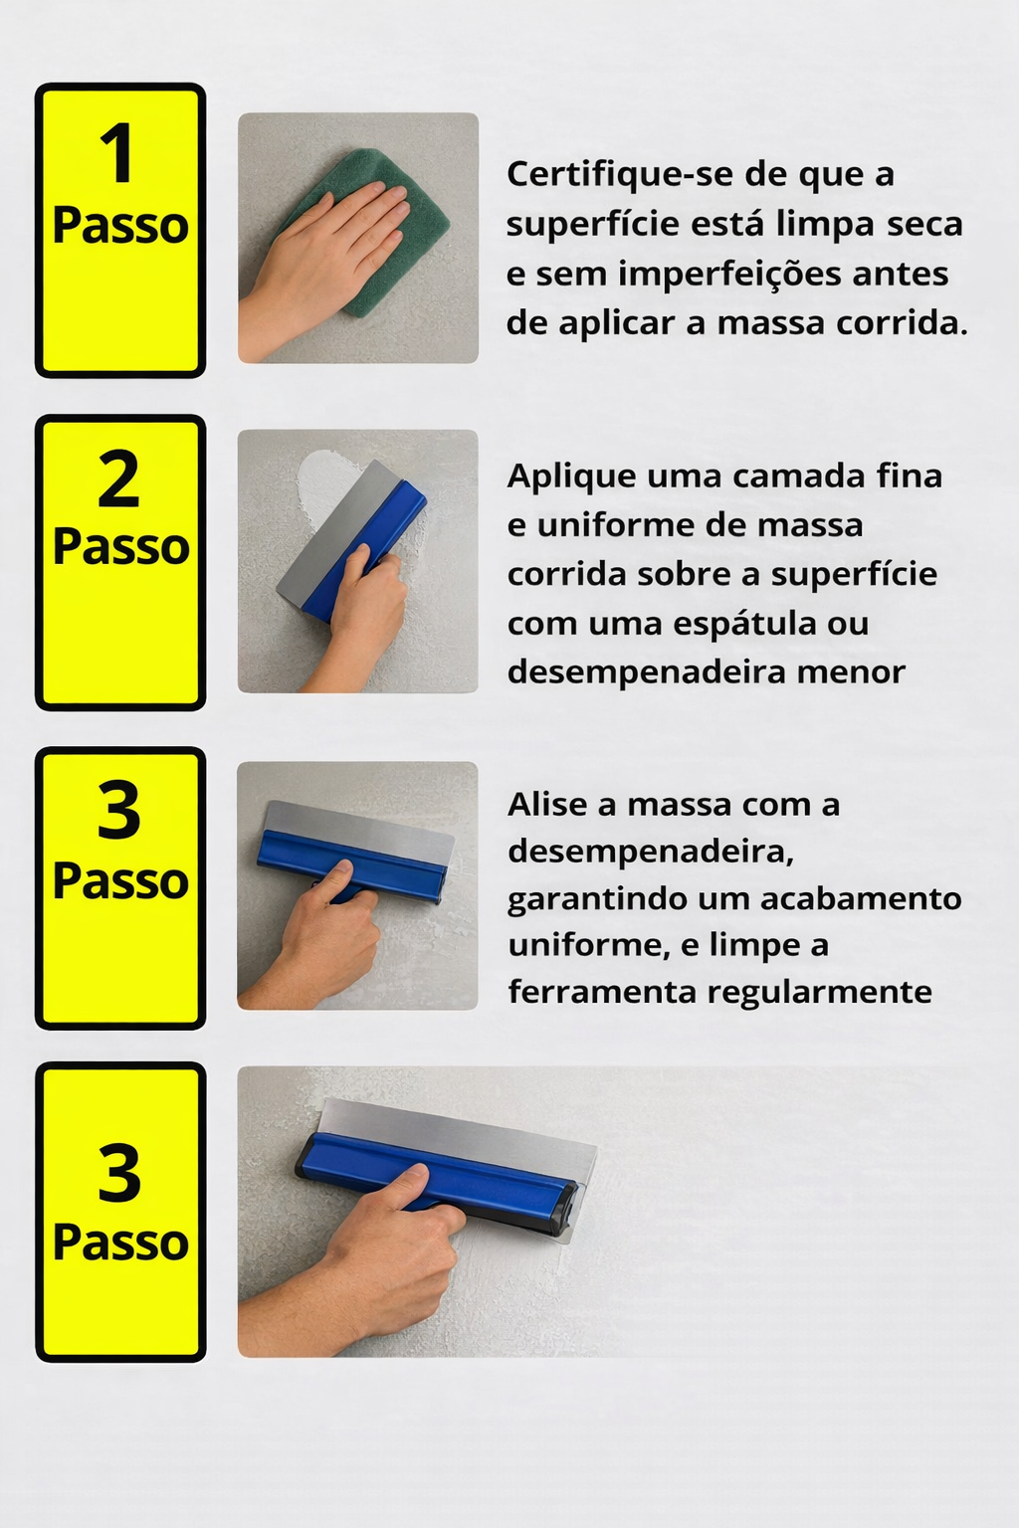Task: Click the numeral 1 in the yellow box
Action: [117, 153]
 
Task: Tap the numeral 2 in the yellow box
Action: [118, 479]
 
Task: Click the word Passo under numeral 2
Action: [120, 547]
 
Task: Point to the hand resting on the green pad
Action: [320, 266]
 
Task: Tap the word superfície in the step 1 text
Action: [592, 225]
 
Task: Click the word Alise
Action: [547, 805]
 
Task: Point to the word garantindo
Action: [597, 900]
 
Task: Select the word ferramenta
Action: [602, 992]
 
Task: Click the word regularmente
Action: [819, 993]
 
